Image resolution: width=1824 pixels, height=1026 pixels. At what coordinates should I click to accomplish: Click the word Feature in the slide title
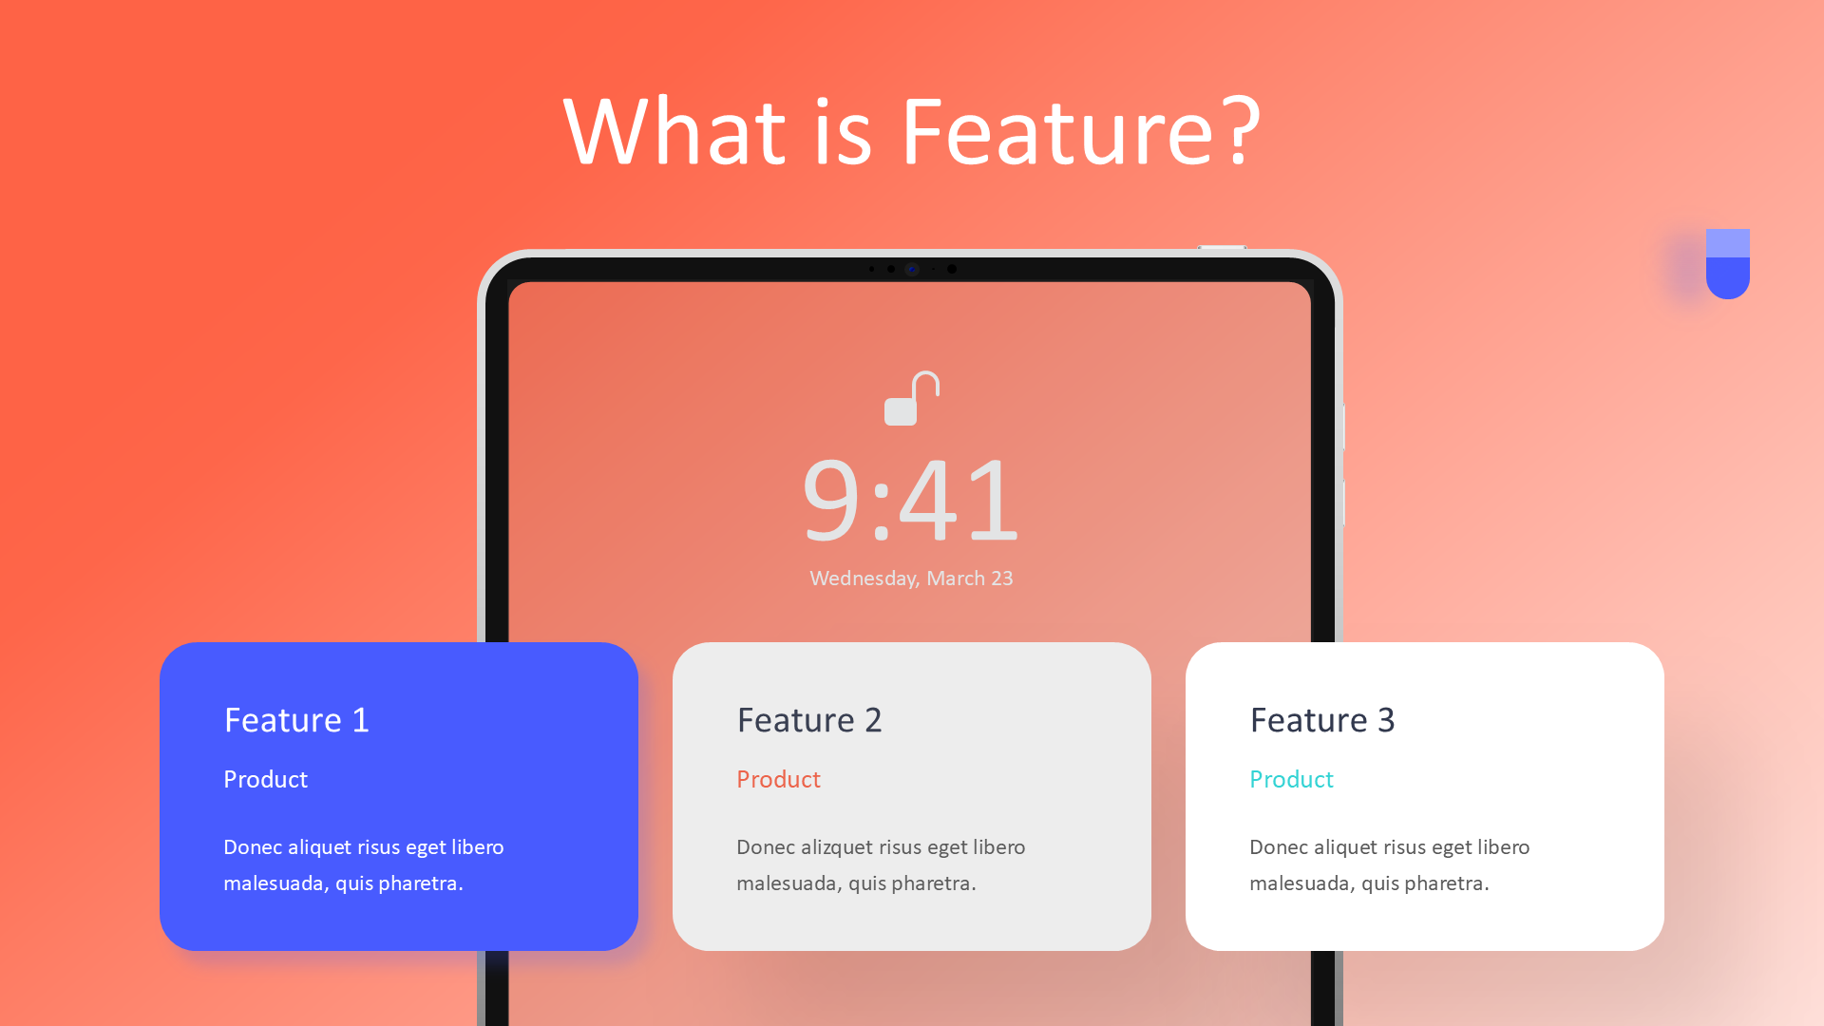(x=1056, y=132)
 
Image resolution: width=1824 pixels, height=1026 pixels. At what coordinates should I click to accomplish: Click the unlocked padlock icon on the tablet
(x=911, y=399)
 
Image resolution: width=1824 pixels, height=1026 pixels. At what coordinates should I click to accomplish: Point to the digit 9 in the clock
(x=831, y=500)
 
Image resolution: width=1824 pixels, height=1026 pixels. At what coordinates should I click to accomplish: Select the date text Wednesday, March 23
(x=911, y=579)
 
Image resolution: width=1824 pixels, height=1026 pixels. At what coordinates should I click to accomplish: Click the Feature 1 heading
(x=296, y=720)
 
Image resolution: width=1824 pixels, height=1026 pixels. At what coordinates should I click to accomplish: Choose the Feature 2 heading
(x=809, y=720)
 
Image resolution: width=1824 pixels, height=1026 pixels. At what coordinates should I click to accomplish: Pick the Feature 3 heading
(x=1322, y=720)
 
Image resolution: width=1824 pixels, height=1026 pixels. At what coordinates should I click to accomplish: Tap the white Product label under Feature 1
(x=265, y=780)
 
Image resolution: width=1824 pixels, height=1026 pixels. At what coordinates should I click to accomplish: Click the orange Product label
(x=778, y=780)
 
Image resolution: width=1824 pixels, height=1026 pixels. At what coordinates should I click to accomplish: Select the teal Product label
(x=1291, y=780)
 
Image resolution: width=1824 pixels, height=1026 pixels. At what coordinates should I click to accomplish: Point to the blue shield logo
(x=1727, y=264)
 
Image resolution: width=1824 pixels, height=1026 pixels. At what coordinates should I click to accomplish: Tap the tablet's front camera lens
(x=912, y=269)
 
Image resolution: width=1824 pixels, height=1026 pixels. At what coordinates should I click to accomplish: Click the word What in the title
(x=674, y=132)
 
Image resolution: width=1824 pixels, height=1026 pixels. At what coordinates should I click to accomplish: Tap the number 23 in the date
(x=1001, y=579)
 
